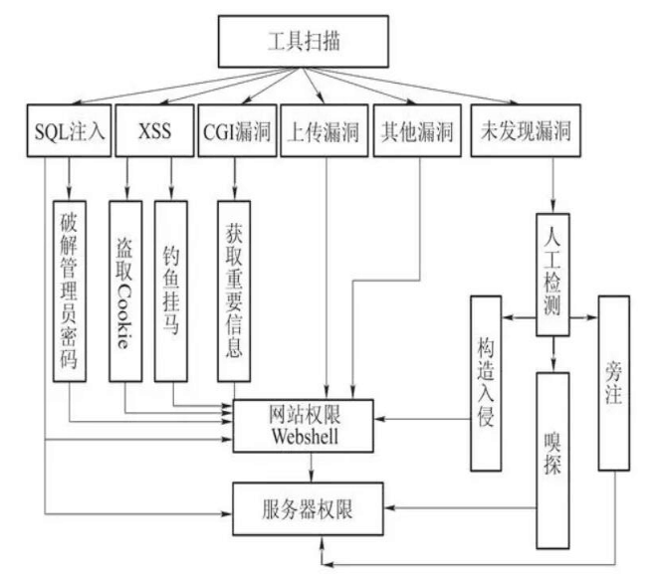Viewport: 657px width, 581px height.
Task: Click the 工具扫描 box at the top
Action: pos(318,44)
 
